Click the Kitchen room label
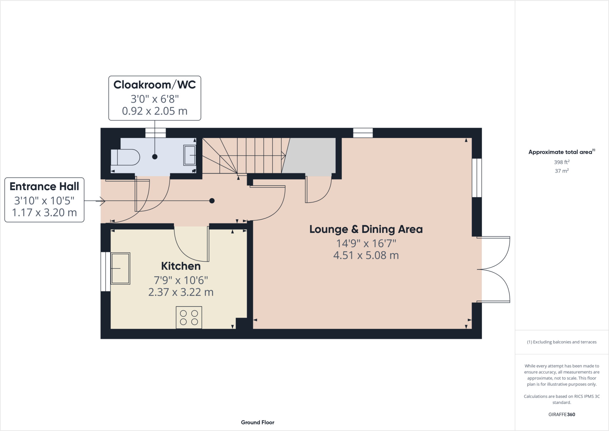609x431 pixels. [181, 266]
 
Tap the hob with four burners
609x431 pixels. [189, 317]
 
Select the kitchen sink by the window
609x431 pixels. [120, 268]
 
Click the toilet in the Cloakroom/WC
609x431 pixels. [125, 157]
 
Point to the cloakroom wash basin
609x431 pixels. [189, 155]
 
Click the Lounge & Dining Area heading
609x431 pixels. [366, 229]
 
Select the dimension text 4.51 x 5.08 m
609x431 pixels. [366, 255]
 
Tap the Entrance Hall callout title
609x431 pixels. [44, 186]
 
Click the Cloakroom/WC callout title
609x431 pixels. [155, 85]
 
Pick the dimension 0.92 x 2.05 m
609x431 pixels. [155, 111]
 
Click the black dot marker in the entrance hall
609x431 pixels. [212, 201]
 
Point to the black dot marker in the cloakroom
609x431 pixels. [155, 157]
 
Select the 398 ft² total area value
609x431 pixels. [561, 162]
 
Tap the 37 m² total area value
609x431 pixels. [561, 171]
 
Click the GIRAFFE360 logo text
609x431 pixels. [561, 414]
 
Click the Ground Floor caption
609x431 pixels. [258, 422]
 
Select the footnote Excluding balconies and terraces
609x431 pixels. [562, 342]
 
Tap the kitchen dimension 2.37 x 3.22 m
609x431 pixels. [181, 292]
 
